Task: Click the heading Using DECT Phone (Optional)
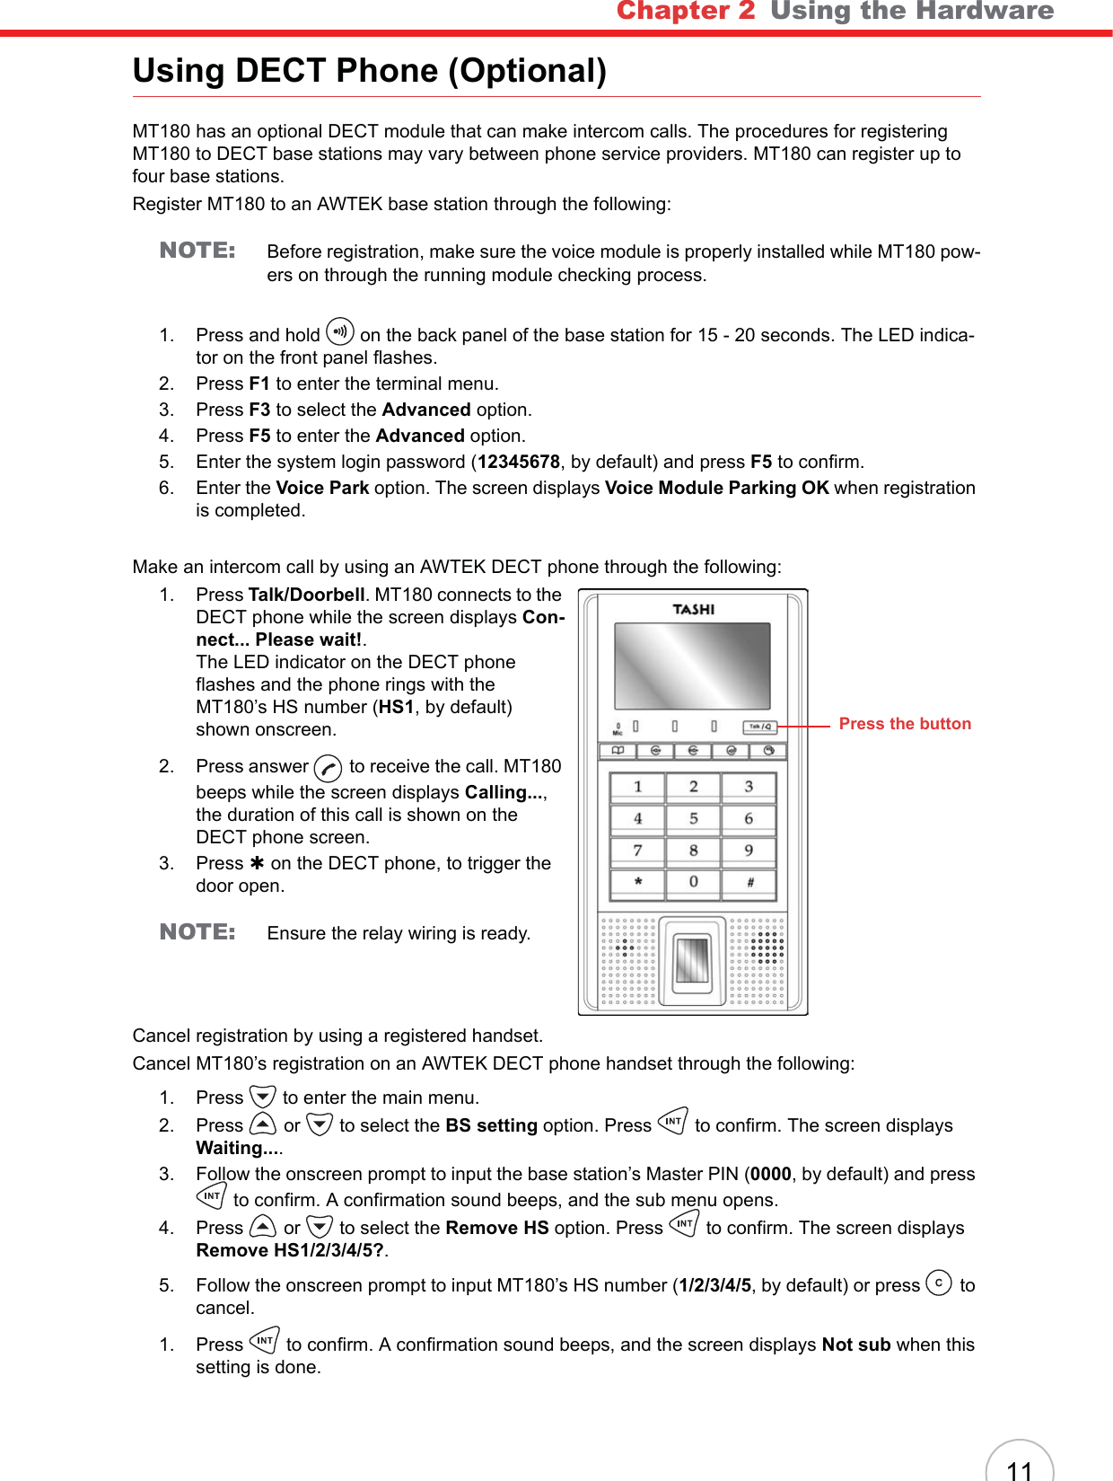pyautogui.click(x=369, y=70)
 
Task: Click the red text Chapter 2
pyautogui.click(x=686, y=11)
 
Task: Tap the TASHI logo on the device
pyautogui.click(x=693, y=610)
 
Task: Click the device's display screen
pyautogui.click(x=692, y=666)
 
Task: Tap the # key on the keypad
pyautogui.click(x=749, y=883)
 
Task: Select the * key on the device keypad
pyautogui.click(x=638, y=883)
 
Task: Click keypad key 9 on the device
pyautogui.click(x=749, y=851)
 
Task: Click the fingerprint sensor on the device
pyautogui.click(x=692, y=959)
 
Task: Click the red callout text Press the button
pyautogui.click(x=904, y=724)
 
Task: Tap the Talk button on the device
pyautogui.click(x=759, y=727)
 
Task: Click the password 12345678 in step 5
pyautogui.click(x=519, y=462)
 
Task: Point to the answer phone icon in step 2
pyautogui.click(x=329, y=769)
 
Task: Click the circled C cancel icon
pyautogui.click(x=938, y=1283)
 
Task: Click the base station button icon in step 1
pyautogui.click(x=340, y=331)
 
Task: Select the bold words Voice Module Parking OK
pyautogui.click(x=716, y=488)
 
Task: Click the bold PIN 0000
pyautogui.click(x=771, y=1174)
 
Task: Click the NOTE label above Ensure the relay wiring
pyautogui.click(x=197, y=931)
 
